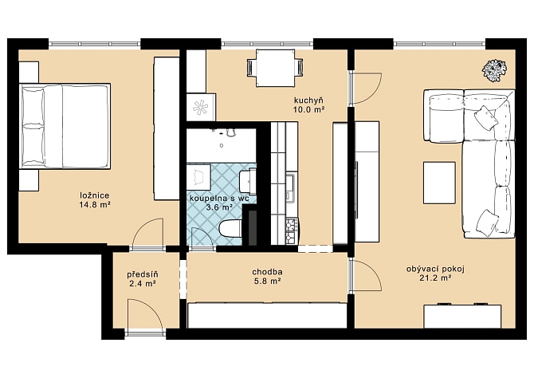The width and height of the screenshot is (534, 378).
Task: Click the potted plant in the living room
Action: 494,70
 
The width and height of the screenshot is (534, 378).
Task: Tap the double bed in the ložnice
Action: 65,126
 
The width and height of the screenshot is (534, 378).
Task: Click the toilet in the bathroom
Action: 230,228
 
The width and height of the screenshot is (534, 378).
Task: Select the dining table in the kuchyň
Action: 275,68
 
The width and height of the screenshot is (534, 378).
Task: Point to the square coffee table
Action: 439,183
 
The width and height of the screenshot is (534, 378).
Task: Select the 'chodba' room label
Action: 267,272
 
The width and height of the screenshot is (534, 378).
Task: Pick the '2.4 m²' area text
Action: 143,283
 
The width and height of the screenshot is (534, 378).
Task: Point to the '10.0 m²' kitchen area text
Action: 308,109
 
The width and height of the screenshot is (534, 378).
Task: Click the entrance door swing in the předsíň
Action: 144,313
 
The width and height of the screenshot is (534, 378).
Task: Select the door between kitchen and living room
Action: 367,88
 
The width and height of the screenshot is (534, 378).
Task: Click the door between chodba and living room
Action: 367,275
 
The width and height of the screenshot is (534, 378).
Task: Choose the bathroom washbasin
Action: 248,182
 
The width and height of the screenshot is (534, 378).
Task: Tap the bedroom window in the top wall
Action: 94,44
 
